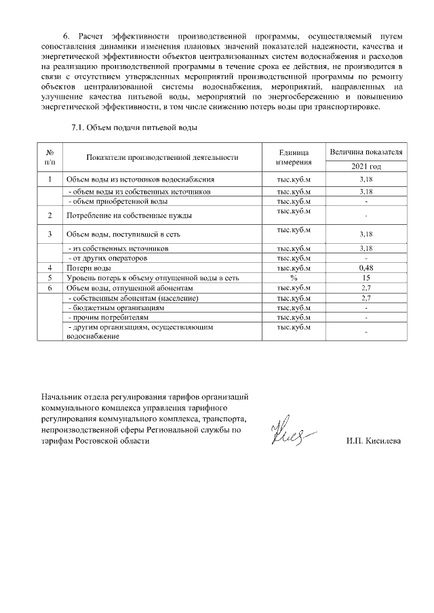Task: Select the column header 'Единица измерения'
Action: pos(294,157)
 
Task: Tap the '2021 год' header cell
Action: pos(366,166)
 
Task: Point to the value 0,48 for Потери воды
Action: pos(366,268)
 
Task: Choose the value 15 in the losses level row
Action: pos(366,278)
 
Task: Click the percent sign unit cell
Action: pos(294,278)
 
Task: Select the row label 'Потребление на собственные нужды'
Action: pos(127,215)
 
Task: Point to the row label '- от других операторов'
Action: pos(108,258)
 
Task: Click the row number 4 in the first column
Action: pos(50,268)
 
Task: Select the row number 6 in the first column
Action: pos(50,287)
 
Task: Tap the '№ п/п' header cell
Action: pos(50,157)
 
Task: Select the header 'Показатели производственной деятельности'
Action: pos(162,157)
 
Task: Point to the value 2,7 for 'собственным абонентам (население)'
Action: pos(366,297)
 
